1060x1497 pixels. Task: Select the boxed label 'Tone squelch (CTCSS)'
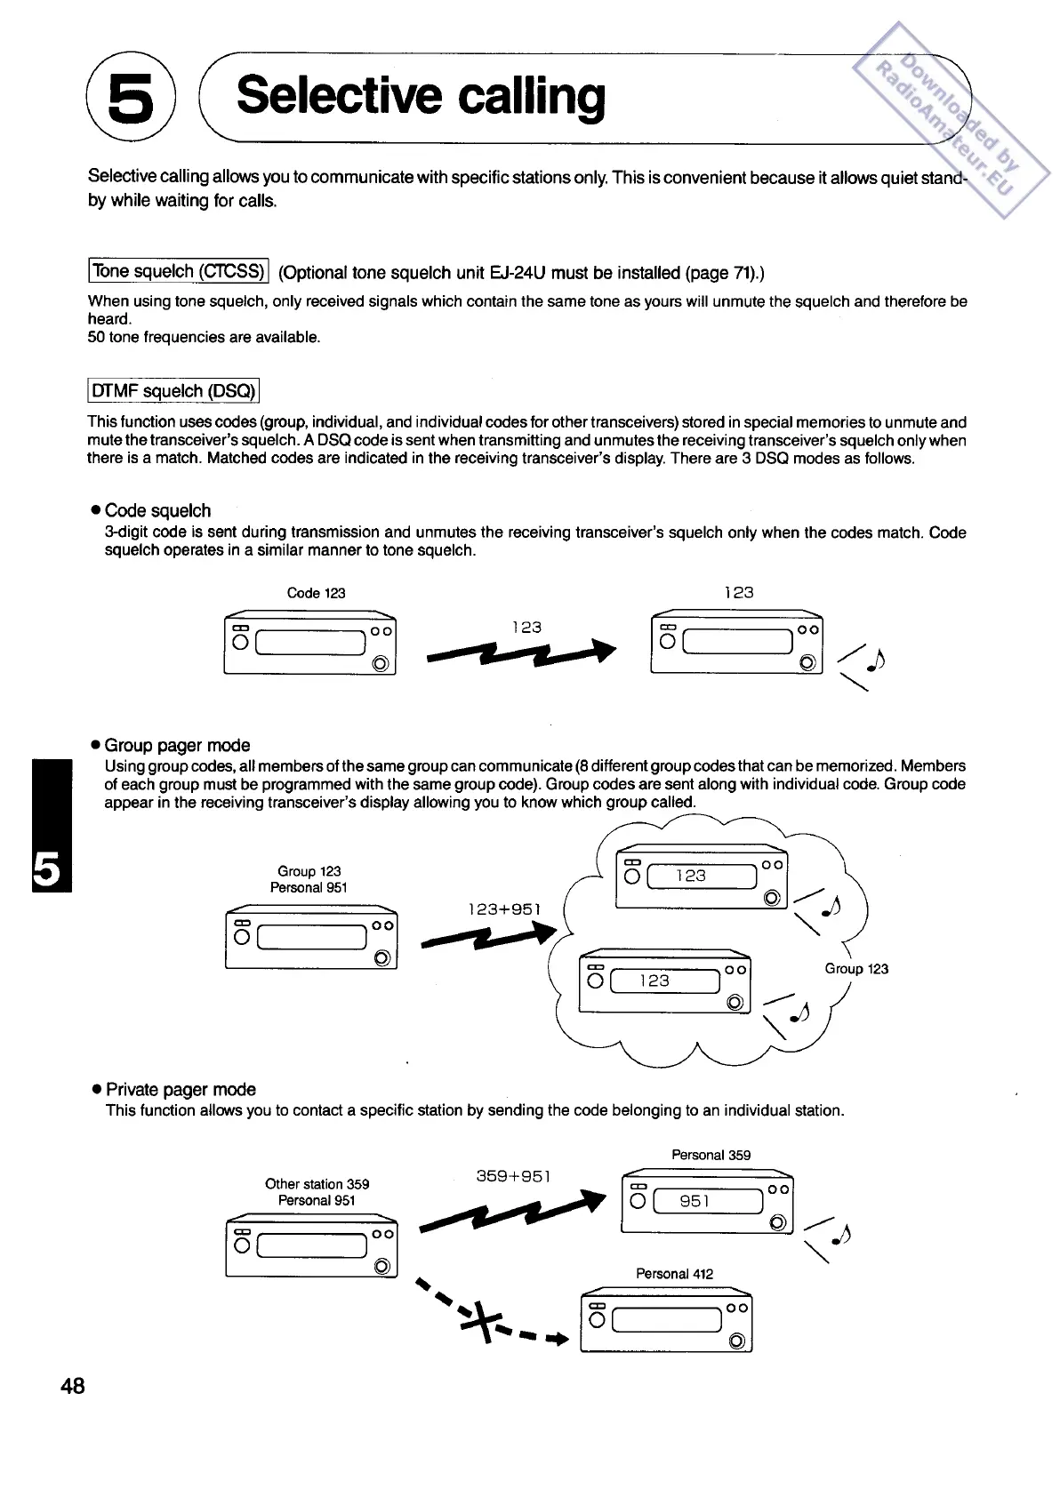click(179, 270)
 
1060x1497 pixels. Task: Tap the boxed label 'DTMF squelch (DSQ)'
click(173, 390)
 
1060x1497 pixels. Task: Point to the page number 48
click(73, 1385)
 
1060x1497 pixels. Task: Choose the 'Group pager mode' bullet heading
click(177, 745)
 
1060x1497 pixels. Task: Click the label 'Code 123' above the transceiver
click(316, 593)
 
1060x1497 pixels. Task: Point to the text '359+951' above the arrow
click(513, 1176)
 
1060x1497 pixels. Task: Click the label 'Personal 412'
click(674, 1273)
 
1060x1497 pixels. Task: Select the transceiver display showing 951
click(707, 1201)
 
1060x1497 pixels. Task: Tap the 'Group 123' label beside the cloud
click(855, 969)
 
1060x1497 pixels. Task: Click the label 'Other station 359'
click(317, 1184)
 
